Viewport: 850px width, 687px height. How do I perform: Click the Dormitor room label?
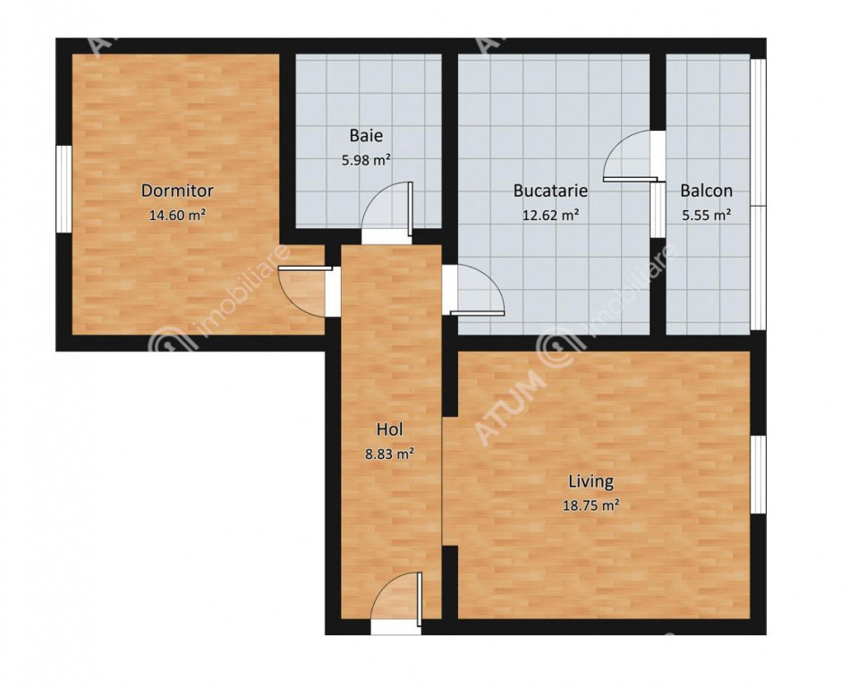point(177,191)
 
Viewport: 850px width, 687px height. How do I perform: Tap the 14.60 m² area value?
point(177,215)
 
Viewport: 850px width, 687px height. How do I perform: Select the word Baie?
point(366,135)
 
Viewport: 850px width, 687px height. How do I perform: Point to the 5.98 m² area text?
point(366,160)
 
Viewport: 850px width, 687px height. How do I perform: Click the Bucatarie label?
point(550,191)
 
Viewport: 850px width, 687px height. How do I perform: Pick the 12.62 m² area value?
point(550,215)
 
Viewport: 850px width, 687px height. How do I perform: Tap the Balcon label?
point(706,191)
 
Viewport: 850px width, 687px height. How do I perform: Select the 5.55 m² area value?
point(706,215)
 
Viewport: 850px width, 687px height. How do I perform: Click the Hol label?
point(390,429)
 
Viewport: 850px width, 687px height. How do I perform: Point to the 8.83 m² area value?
point(390,454)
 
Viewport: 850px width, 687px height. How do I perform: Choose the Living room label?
point(591,481)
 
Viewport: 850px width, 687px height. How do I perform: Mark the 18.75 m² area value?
point(591,505)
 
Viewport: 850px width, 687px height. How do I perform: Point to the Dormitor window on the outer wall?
point(64,189)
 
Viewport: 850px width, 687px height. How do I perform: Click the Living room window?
point(759,474)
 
